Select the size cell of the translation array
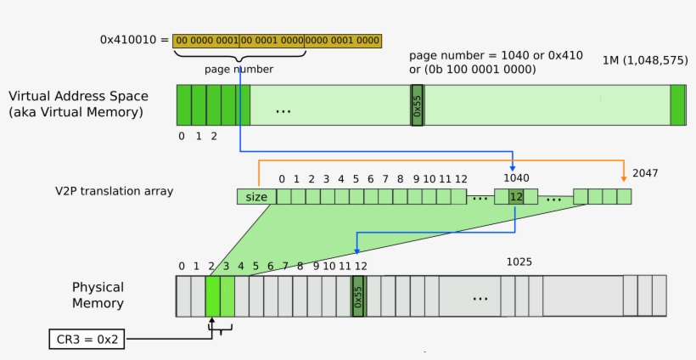coord(256,197)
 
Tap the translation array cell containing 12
coord(515,197)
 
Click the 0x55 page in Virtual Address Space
coord(417,106)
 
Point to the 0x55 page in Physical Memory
coord(358,295)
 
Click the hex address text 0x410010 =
coord(134,39)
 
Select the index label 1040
coord(516,178)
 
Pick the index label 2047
coord(644,172)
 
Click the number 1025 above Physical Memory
coord(519,262)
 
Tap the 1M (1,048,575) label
coord(644,59)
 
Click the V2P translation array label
coord(114,191)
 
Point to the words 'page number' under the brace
coord(239,69)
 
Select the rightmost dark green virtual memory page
coord(677,106)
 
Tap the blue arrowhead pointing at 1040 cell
coord(514,167)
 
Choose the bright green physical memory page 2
coord(212,295)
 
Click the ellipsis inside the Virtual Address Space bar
coord(283,110)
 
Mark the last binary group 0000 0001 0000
coord(342,40)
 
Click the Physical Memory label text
coord(98,295)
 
